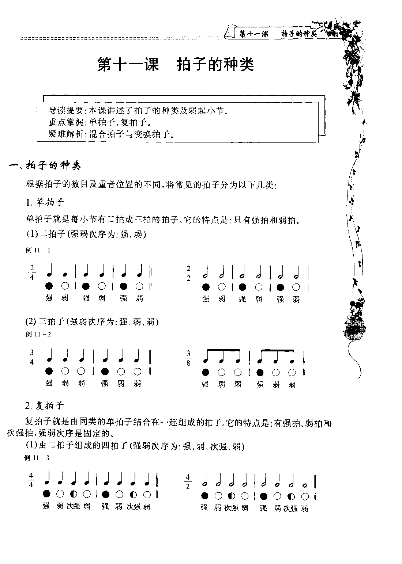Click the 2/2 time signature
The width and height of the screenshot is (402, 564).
tap(189, 273)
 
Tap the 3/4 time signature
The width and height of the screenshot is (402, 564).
tap(32, 357)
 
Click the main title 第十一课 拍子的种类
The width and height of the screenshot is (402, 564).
tap(175, 65)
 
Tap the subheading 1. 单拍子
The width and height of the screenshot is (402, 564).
tap(45, 202)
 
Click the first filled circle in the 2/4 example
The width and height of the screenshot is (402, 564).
tap(49, 286)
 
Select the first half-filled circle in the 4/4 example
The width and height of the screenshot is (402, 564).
tap(74, 494)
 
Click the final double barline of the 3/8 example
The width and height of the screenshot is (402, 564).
tap(304, 366)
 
